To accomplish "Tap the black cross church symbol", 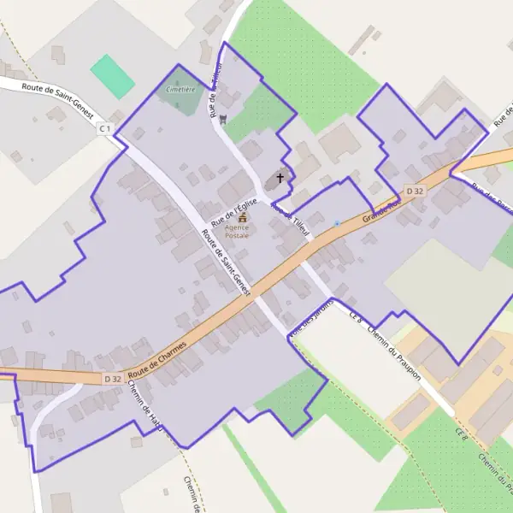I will pos(280,179).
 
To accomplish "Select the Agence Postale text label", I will pos(237,231).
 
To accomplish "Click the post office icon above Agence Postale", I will pos(242,218).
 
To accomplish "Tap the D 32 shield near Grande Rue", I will pos(416,191).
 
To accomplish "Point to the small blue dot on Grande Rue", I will pos(337,224).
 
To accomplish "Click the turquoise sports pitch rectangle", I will pos(113,75).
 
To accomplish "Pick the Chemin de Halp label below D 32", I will pos(142,405).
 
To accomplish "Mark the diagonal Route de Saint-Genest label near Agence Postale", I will pos(226,262).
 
